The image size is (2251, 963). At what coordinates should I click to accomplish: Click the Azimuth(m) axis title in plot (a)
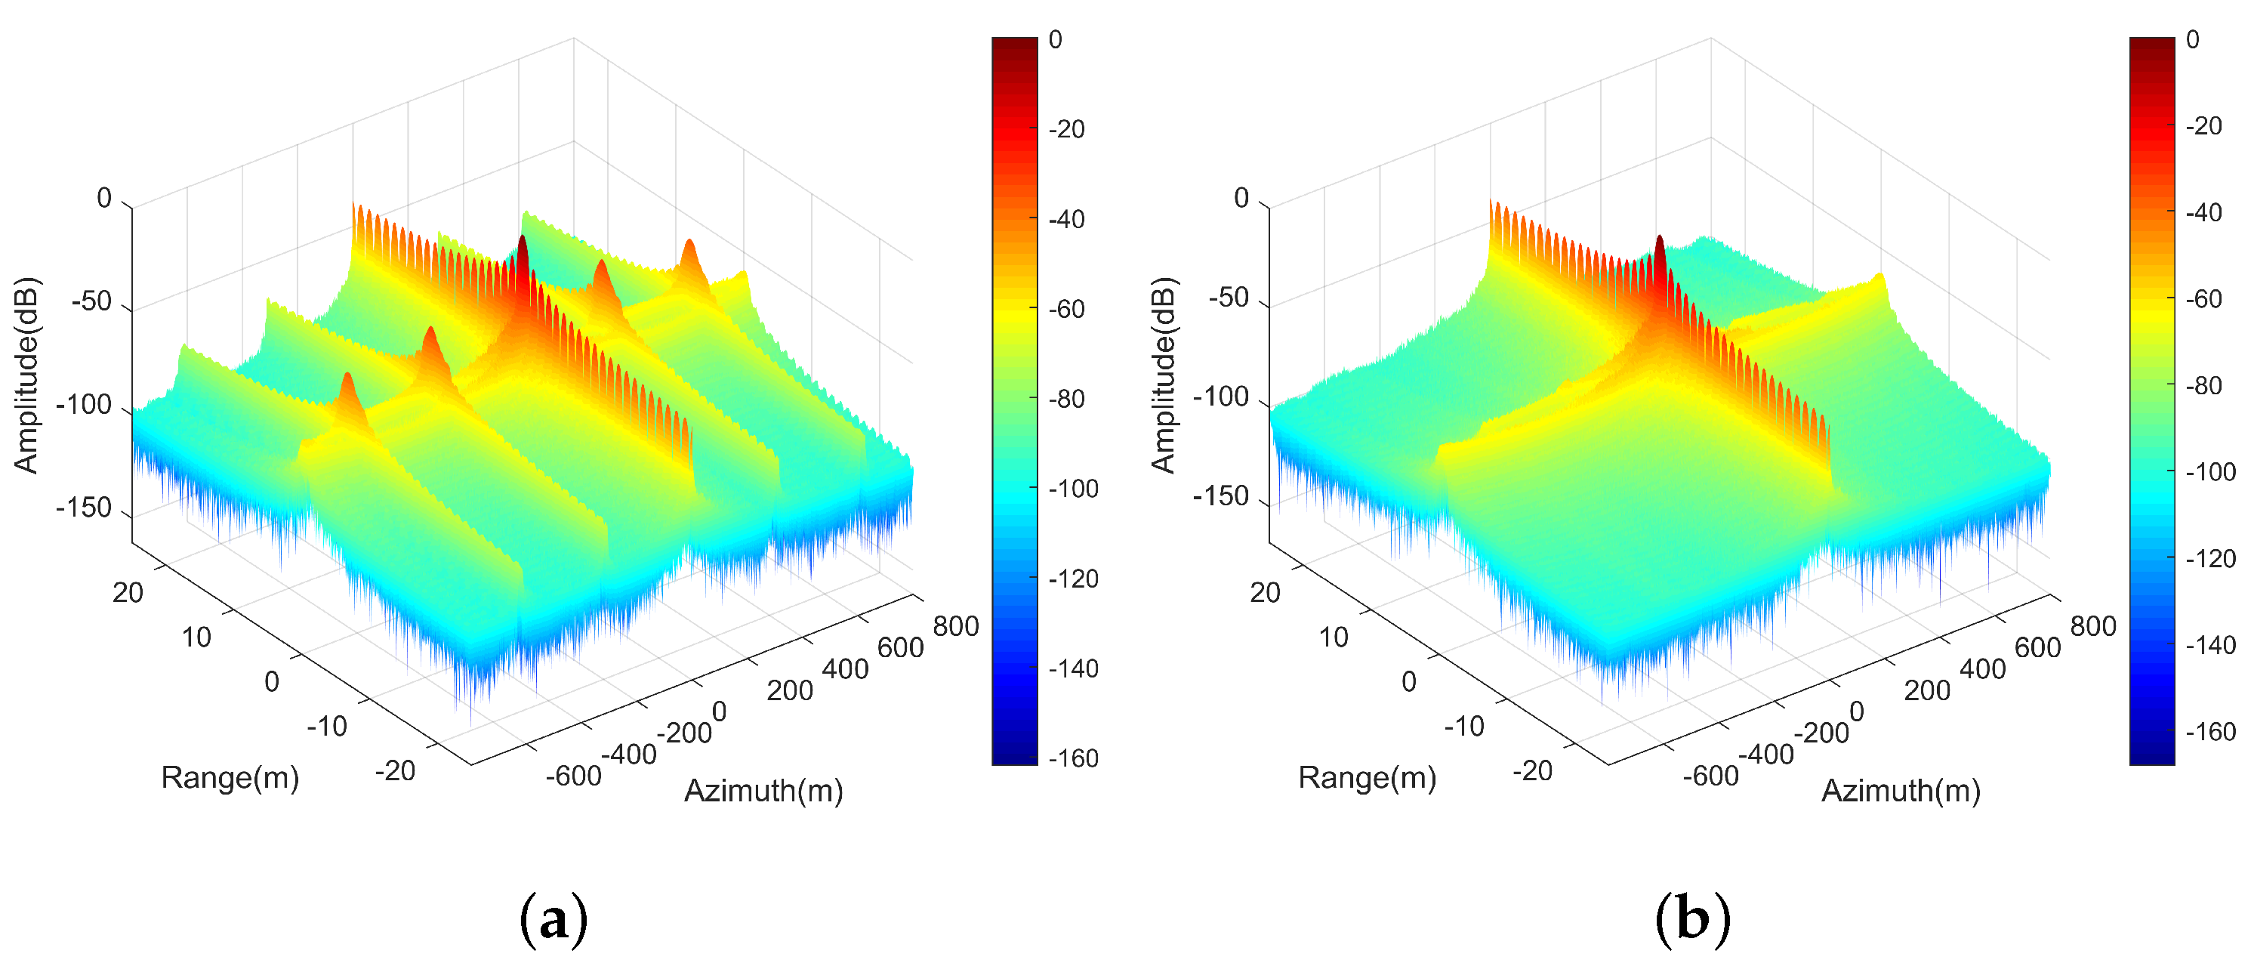pos(763,790)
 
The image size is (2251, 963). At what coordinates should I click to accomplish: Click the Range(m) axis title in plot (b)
pos(1367,777)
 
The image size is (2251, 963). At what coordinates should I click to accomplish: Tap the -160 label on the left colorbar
pos(1073,758)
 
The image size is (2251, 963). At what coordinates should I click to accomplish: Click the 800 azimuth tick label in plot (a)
pos(955,625)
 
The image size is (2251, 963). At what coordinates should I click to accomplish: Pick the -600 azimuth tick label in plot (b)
pos(1710,775)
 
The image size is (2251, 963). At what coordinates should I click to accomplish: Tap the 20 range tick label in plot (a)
pos(128,592)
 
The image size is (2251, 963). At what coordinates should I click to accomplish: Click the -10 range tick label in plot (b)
pos(1463,725)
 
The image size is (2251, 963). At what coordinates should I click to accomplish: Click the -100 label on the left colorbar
pos(1073,489)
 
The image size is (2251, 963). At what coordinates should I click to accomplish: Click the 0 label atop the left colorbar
pos(1056,40)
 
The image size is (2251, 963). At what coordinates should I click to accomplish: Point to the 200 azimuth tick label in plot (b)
pos(1927,690)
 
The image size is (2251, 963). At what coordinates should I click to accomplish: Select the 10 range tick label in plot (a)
pos(196,637)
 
